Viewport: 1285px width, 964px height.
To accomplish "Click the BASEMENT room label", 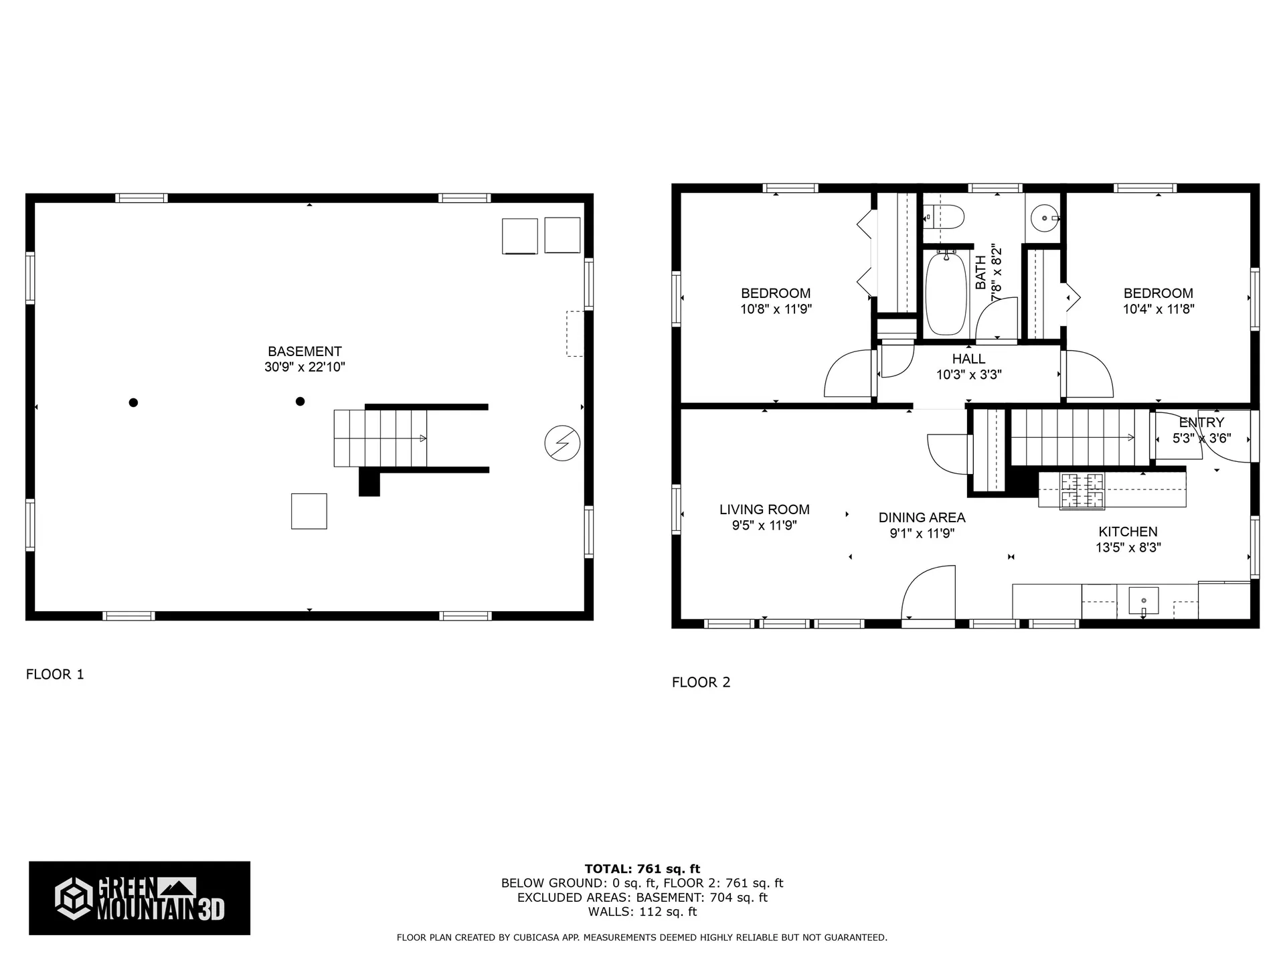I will pos(305,351).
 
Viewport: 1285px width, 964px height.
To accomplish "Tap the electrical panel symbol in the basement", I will pos(562,443).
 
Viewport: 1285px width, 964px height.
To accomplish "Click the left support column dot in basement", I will pos(133,402).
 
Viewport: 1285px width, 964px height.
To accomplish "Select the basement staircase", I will pos(380,438).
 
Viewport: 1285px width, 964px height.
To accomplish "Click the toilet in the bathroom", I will pos(946,217).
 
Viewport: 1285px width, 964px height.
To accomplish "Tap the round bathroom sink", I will pos(1044,218).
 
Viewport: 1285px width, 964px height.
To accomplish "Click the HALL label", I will pos(968,359).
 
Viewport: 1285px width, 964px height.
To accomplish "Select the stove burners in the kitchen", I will pos(1082,490).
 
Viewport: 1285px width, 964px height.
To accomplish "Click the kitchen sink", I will pos(1143,600).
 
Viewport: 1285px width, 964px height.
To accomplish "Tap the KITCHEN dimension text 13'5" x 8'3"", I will pos(1128,547).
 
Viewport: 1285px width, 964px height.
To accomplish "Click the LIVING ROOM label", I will pos(764,509).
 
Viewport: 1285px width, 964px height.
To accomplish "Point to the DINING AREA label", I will pos(922,517).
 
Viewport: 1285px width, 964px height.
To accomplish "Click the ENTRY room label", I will pos(1201,422).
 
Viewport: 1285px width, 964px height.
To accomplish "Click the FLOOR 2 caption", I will pos(701,682).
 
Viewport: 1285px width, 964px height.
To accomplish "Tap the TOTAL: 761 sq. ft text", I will pos(642,869).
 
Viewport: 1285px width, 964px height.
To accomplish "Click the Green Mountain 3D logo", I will pos(139,898).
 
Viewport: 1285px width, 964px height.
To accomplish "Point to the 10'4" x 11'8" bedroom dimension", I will pos(1159,309).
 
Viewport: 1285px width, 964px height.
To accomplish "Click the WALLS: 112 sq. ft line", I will pos(642,912).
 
